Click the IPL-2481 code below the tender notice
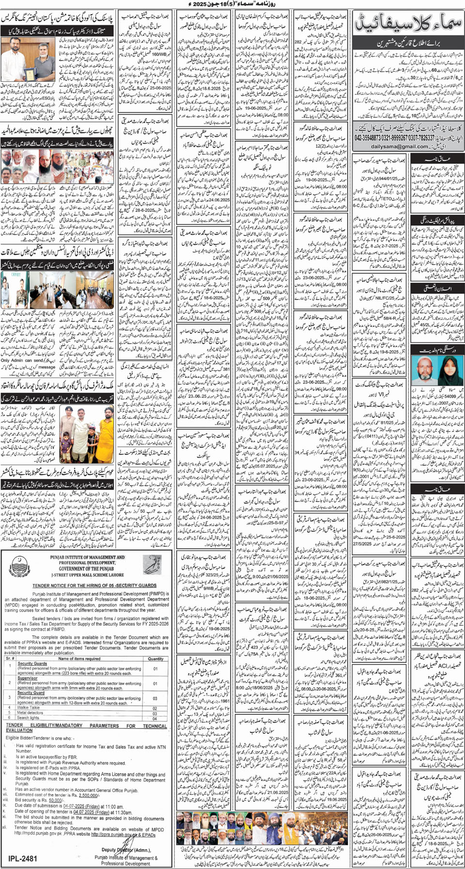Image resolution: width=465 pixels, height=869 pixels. (23, 858)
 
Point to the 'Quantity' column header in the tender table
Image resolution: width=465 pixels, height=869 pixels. (155, 659)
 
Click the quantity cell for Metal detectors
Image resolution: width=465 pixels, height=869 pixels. (155, 713)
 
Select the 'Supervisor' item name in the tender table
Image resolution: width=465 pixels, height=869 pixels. (28, 678)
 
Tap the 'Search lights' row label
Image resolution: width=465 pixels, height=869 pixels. (28, 718)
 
